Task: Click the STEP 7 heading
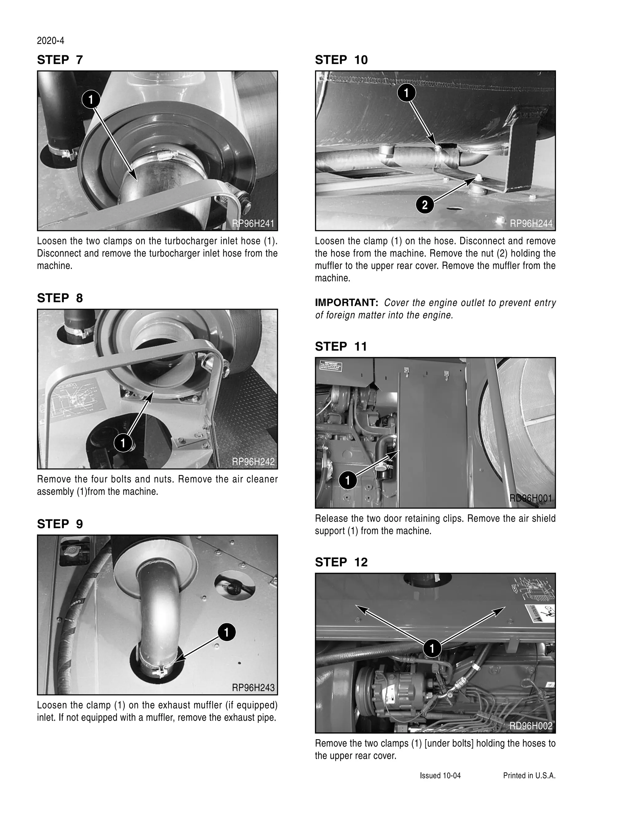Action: [60, 60]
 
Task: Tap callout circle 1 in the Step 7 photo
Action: [91, 99]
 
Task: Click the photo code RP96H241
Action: [253, 223]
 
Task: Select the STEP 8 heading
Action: [60, 298]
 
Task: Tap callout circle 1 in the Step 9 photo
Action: [227, 632]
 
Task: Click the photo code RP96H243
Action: [253, 688]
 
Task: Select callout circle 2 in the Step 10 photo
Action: [424, 205]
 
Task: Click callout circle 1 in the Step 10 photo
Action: [407, 92]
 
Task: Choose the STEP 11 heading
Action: [341, 346]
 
